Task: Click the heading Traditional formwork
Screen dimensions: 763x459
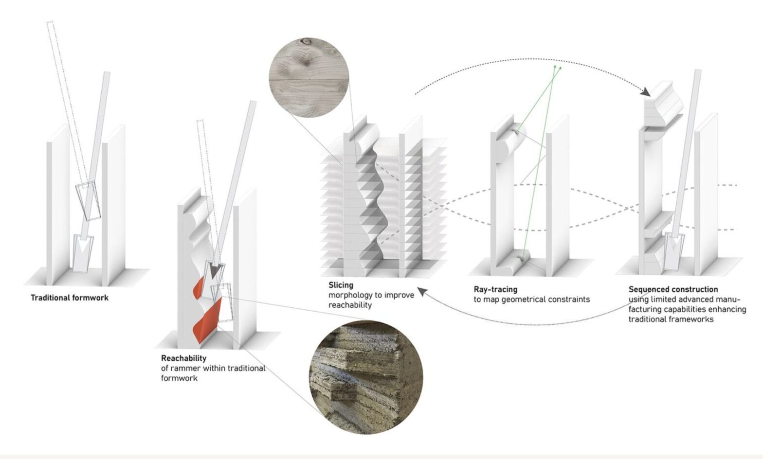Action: click(70, 298)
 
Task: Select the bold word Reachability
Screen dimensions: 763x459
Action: click(183, 358)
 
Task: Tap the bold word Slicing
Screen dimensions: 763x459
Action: click(341, 285)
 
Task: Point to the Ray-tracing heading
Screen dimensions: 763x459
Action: click(495, 290)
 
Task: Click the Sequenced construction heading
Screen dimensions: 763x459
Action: click(673, 289)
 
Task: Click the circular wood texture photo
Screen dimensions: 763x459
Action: click(309, 78)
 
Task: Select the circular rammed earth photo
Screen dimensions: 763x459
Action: click(366, 377)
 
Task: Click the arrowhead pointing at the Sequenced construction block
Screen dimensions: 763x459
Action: click(645, 92)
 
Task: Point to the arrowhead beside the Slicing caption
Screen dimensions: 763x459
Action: click(422, 292)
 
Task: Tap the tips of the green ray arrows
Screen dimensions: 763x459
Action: click(557, 67)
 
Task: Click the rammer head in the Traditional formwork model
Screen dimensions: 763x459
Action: click(83, 253)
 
